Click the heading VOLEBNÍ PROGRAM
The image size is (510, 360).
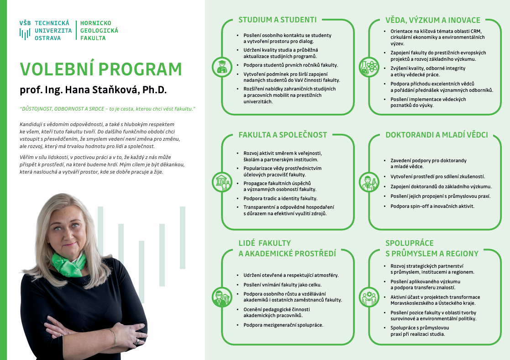coord(101,69)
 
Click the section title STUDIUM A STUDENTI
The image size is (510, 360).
coord(277,20)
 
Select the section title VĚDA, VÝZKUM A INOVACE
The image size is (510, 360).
coord(433,20)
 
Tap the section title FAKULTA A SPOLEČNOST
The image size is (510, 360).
coord(283,135)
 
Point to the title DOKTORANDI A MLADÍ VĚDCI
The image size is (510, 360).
coord(436,135)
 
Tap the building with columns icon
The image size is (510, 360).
coord(222,181)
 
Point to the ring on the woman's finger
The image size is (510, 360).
coord(137,341)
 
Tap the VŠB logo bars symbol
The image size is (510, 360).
coord(25,34)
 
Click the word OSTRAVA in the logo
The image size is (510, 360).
coord(47,38)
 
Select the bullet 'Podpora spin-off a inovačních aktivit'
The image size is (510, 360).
coord(432,206)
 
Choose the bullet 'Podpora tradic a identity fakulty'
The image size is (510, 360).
coord(280,199)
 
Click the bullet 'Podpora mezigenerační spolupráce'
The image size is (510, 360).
coord(283,325)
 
